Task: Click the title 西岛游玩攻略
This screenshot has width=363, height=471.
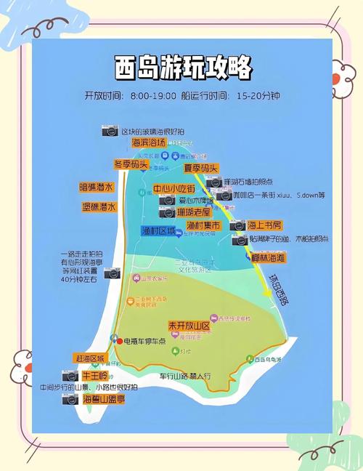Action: pos(184,68)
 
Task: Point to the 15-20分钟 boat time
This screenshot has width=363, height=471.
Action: pos(258,95)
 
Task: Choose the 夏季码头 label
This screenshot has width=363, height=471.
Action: pos(201,168)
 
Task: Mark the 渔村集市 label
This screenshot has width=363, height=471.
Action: pos(203,226)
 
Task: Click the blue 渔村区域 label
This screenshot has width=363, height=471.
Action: pos(158,230)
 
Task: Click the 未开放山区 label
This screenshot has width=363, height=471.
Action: pos(188,325)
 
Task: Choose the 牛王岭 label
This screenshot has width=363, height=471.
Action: pos(95,375)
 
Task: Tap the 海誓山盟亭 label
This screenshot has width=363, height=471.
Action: pos(102,399)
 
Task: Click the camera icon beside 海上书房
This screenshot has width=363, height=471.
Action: pos(238,225)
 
